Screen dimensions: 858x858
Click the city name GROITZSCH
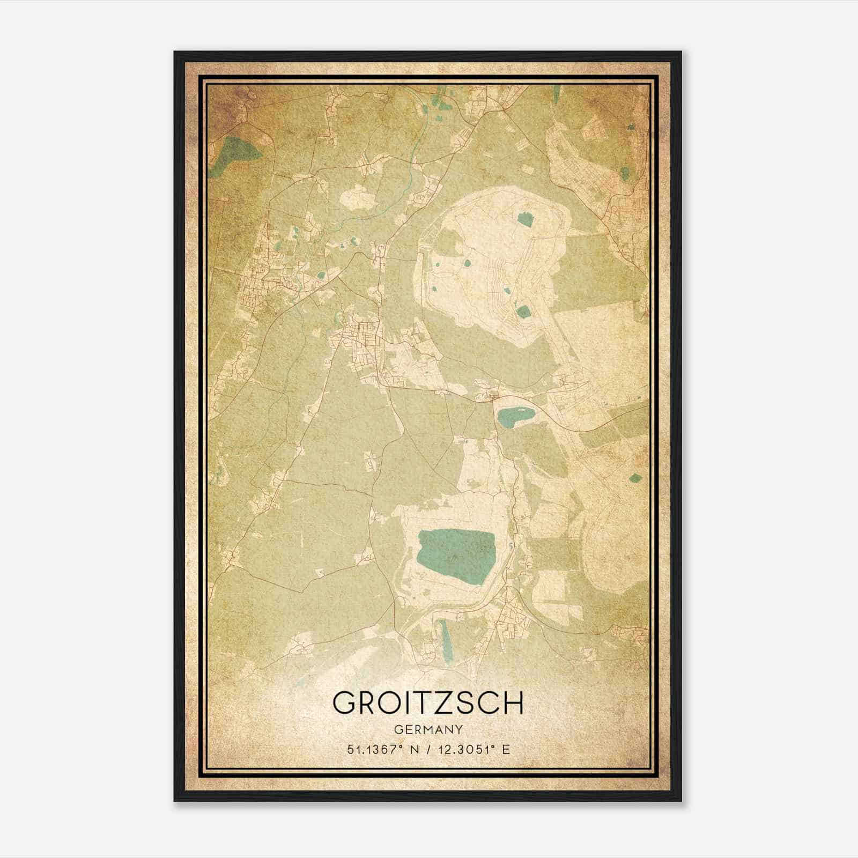click(x=428, y=702)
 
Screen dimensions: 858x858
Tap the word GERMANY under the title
click(x=428, y=729)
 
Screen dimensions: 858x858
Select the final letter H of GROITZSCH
click(x=512, y=702)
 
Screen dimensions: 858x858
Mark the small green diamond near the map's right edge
click(x=635, y=477)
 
